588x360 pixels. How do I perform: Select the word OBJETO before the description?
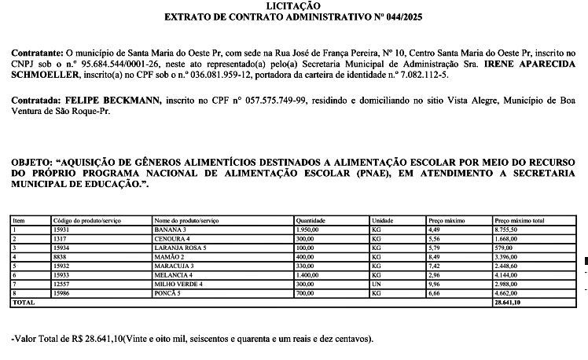click(x=30, y=161)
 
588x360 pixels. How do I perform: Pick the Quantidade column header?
click(x=311, y=222)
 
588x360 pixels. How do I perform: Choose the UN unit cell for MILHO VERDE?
click(x=376, y=285)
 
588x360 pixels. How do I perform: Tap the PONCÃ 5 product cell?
click(x=167, y=293)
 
